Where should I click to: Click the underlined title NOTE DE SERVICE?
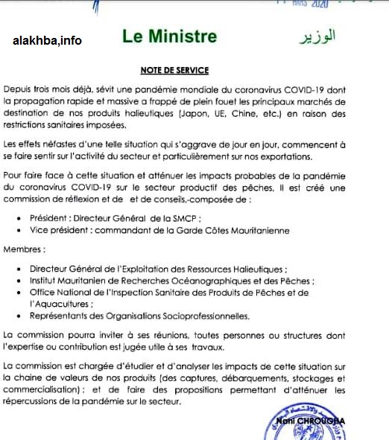point(174,71)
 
